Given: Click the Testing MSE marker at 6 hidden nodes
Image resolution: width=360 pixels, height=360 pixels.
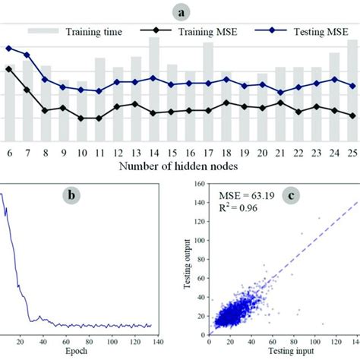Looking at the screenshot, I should [x=9, y=49].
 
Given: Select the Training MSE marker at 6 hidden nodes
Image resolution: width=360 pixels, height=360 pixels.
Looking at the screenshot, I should [x=9, y=68].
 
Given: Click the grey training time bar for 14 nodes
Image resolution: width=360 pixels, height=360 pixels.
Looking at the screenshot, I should [x=154, y=91].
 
